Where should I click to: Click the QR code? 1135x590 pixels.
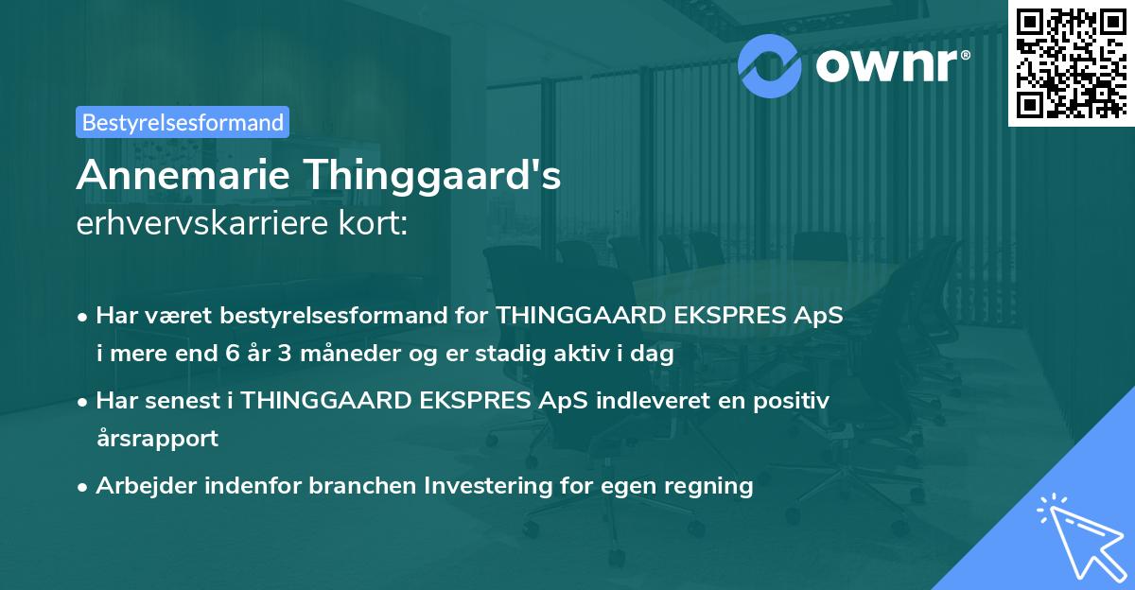click(x=1071, y=62)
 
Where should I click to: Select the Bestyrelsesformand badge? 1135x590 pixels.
click(x=183, y=122)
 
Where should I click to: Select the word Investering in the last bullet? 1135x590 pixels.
click(x=487, y=486)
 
